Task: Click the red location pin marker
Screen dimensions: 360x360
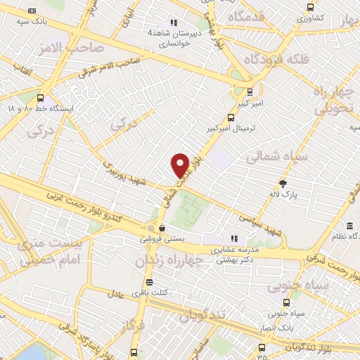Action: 181,165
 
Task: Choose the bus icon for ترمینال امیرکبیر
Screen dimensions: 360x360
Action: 231,118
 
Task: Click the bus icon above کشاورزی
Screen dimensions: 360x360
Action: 309,7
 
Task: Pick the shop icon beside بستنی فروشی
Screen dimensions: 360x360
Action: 162,228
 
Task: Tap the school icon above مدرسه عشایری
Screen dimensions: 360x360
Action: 235,238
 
